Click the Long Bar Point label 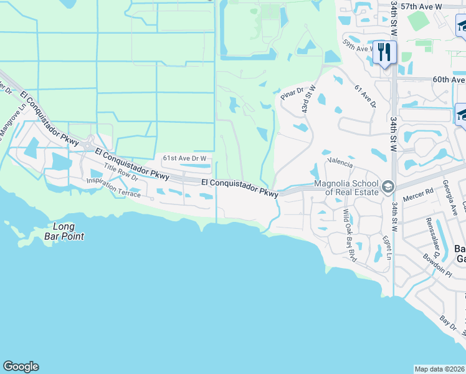[x=64, y=231]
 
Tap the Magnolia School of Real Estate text [x=346, y=188]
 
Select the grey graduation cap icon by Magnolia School [x=388, y=186]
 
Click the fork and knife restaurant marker [x=384, y=52]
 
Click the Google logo [x=21, y=367]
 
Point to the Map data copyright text [x=440, y=369]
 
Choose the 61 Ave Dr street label [x=364, y=97]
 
